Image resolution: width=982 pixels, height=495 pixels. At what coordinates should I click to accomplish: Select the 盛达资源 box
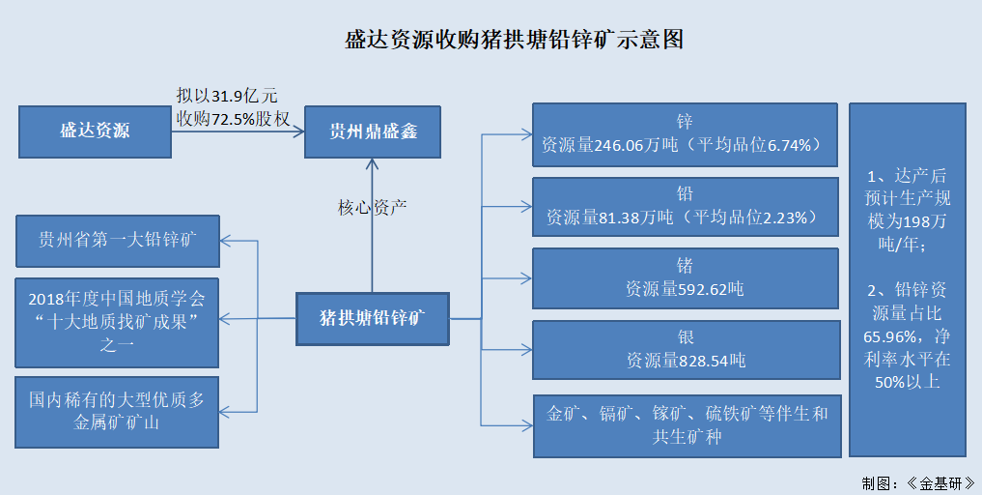95,131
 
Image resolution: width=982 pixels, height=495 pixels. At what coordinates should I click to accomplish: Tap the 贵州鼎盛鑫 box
373,131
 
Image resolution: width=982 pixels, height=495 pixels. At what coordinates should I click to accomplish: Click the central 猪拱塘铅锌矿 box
373,316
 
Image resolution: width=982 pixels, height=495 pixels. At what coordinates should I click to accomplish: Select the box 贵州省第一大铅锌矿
119,241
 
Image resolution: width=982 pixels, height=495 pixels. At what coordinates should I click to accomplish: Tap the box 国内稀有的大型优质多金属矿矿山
119,412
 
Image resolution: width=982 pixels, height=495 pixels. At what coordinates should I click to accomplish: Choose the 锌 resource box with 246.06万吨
685,133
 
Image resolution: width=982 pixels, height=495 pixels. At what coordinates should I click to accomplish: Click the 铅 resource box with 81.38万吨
685,205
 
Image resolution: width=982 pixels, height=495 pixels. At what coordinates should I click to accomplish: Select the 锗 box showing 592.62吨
685,277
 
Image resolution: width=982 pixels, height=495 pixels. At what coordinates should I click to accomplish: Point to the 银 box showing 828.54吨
685,349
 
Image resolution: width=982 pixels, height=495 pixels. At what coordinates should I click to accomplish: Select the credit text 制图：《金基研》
916,482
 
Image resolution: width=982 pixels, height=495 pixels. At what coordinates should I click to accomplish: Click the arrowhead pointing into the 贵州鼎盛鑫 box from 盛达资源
299,131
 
